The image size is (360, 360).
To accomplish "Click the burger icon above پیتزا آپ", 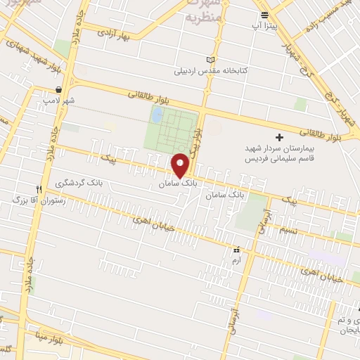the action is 264,14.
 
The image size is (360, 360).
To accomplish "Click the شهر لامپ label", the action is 58,101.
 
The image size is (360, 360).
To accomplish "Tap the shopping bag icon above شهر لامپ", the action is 58,90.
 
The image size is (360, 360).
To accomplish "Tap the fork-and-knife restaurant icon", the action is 39,189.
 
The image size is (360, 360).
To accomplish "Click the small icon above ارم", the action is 237,250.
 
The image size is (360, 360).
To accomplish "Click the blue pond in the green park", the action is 157,114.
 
